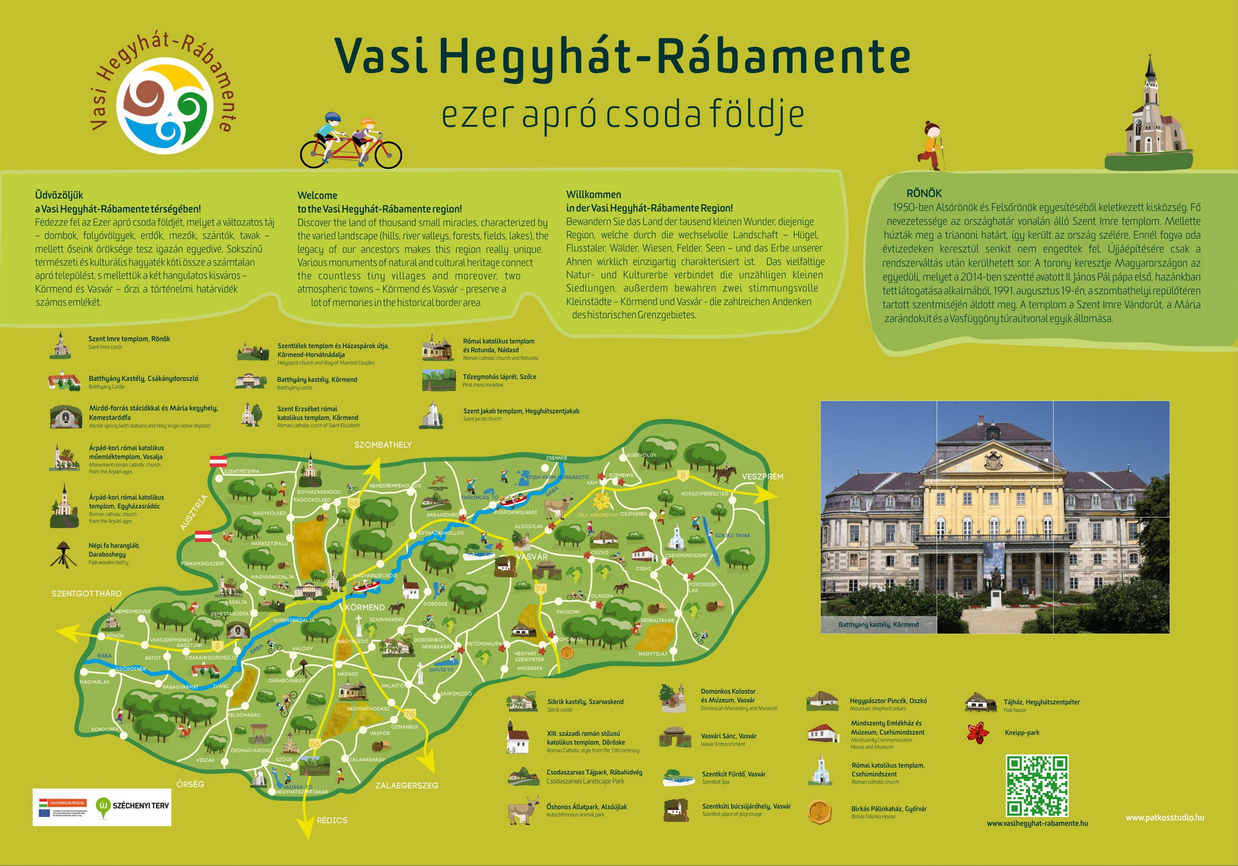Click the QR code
(1037, 785)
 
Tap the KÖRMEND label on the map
(365, 607)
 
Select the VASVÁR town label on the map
(532, 557)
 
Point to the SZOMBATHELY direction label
(383, 445)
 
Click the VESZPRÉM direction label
(762, 477)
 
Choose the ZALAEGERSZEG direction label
(407, 785)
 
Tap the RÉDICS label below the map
(332, 820)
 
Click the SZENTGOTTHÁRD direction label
(86, 593)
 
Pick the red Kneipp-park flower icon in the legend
(977, 733)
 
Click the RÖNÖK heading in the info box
(924, 193)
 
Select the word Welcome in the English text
(317, 195)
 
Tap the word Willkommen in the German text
(594, 195)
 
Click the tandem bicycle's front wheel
(388, 154)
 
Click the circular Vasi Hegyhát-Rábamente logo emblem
(165, 105)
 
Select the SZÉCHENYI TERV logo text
(140, 806)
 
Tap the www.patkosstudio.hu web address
(1164, 818)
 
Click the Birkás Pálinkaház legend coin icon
(819, 812)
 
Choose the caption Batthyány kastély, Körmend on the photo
(878, 624)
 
